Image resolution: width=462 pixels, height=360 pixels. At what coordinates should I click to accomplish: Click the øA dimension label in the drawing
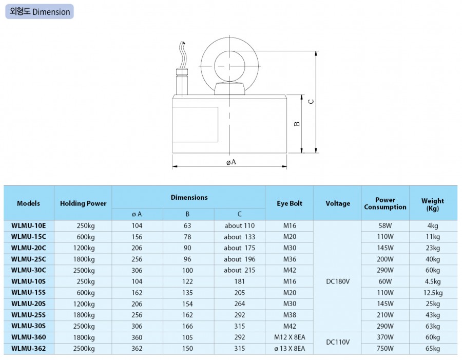pos(231,162)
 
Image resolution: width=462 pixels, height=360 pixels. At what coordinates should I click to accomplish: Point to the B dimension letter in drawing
pos(297,124)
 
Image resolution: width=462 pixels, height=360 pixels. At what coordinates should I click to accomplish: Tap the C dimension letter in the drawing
pos(311,101)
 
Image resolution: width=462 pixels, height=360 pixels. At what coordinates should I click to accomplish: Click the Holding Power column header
pos(83,203)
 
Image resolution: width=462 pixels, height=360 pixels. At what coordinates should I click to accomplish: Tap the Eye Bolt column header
pos(289,203)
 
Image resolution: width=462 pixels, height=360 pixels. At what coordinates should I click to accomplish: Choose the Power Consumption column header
pos(385,203)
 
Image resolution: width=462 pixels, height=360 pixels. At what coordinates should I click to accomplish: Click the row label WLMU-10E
pos(29,225)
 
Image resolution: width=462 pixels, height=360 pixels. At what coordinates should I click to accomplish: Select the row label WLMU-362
pos(29,349)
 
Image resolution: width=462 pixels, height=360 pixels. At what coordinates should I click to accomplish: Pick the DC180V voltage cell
pos(337,281)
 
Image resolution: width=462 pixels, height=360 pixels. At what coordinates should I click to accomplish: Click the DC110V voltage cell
pos(337,343)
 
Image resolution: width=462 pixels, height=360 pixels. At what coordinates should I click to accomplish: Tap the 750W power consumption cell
pos(385,349)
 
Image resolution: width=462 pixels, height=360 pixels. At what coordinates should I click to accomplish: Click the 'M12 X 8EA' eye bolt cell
pos(289,337)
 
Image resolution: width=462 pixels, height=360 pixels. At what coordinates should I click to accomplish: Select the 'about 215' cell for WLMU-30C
pos(239,270)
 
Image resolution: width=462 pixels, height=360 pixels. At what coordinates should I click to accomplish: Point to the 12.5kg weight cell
pos(433,293)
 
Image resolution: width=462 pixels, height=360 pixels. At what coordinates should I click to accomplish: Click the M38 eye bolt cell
pos(289,315)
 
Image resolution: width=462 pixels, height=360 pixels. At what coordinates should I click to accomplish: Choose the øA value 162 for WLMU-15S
pos(137,293)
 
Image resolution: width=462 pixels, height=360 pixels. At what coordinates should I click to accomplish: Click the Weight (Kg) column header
pos(433,204)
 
